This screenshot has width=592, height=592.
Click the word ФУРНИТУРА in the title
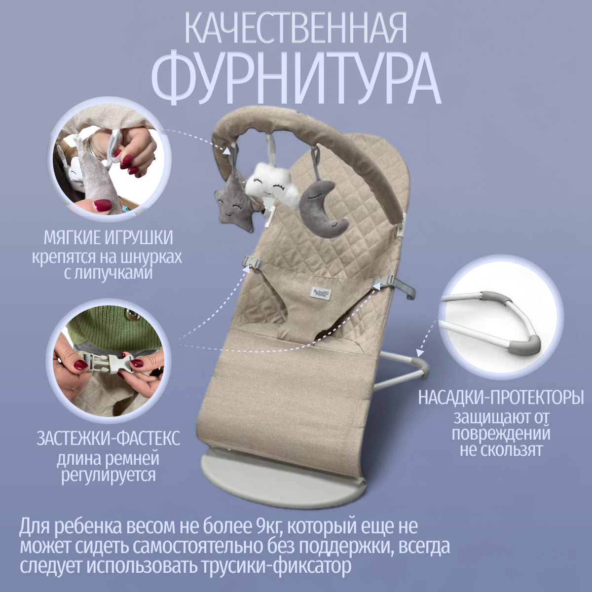296,78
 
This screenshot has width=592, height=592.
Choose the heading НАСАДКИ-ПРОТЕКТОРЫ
501,398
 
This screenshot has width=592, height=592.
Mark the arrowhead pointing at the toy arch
227,150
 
